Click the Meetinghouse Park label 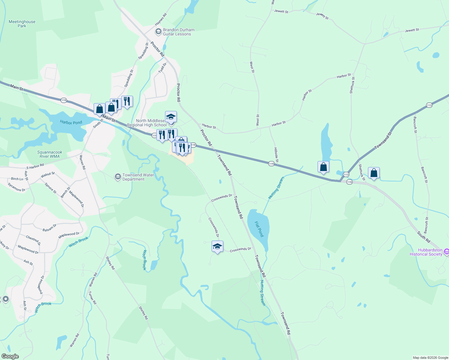(22, 24)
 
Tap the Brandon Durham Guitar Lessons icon (158, 31)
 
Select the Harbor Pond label (71, 122)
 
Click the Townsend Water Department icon (118, 177)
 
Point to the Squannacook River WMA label (50, 154)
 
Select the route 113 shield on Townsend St (429, 105)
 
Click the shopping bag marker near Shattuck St (374, 173)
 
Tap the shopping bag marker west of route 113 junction (323, 167)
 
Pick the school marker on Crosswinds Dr (217, 247)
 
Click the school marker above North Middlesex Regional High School (171, 117)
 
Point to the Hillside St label (276, 155)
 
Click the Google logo (10, 356)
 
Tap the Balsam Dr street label (50, 228)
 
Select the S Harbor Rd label (35, 166)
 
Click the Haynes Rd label (161, 19)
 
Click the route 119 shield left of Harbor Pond (64, 100)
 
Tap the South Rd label (423, 237)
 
